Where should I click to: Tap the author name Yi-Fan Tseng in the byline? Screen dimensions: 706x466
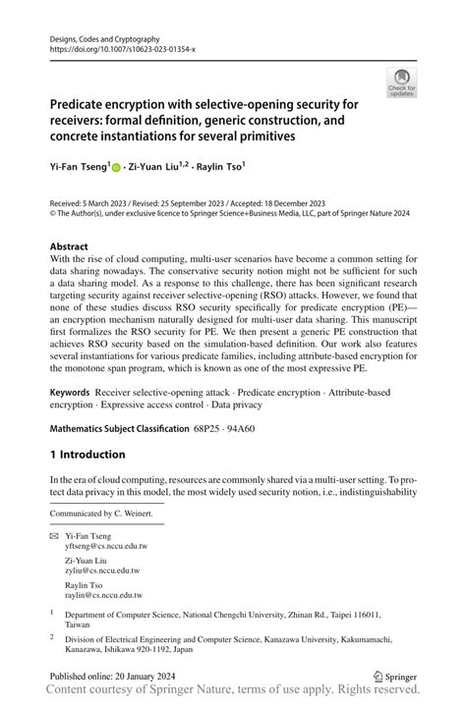79,167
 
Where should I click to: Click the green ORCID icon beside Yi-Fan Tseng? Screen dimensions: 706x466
117,168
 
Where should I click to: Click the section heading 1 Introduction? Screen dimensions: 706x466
87,455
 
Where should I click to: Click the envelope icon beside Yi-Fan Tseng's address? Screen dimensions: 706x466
54,536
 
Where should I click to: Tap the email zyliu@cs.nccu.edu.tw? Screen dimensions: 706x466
102,570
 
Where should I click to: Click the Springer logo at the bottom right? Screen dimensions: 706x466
398,677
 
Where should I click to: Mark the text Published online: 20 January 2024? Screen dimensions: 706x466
112,677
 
